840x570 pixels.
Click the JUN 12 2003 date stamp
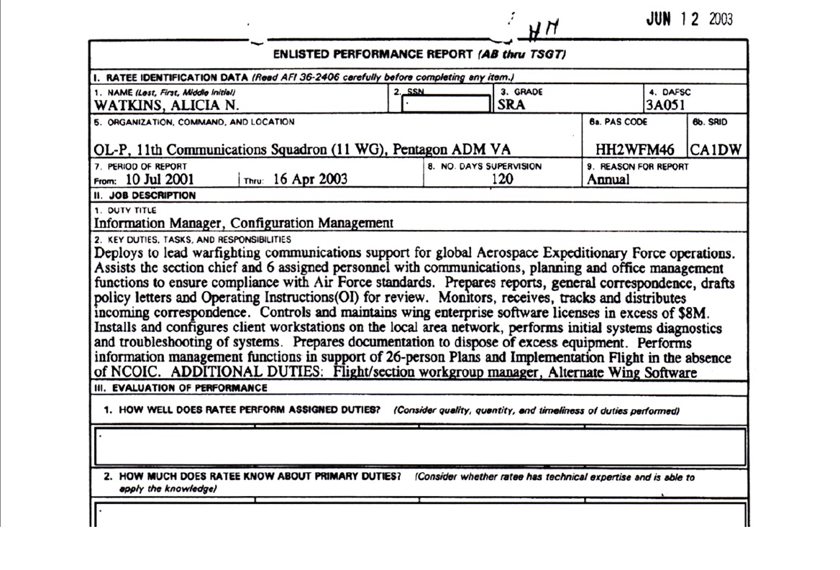[x=689, y=19]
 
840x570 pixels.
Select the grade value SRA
[x=511, y=105]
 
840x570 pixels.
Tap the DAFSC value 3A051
[x=665, y=105]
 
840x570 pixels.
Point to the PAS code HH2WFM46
[x=635, y=150]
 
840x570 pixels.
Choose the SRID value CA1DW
[x=717, y=150]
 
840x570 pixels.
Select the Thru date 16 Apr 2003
[x=310, y=180]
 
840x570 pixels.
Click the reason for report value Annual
[x=608, y=180]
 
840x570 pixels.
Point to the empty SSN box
[x=446, y=104]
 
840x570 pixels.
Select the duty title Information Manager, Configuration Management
[x=244, y=223]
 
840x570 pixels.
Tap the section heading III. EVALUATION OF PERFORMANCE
[x=181, y=388]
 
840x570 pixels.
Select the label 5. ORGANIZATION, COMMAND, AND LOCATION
[x=194, y=122]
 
